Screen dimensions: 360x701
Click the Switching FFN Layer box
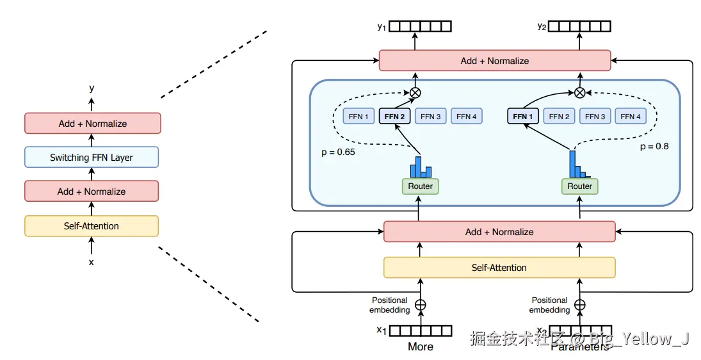92,158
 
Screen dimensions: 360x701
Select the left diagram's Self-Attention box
92,225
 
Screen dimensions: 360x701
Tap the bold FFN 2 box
394,117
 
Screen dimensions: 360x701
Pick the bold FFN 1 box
522,117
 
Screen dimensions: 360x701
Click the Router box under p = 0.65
421,186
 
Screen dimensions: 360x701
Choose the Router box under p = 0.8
580,186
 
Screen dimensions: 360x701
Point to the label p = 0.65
338,153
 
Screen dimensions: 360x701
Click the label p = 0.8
654,146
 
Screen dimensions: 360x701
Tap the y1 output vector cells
421,26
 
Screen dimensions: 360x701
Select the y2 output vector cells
580,26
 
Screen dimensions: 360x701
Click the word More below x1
421,347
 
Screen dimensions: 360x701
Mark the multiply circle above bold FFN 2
415,92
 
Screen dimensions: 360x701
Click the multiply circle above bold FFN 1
580,92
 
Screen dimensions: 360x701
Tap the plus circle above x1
421,305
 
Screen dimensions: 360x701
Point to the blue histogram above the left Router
421,167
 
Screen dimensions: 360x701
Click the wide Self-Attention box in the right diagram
499,268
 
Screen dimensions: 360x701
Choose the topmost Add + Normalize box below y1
495,61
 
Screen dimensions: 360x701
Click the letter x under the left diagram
91,262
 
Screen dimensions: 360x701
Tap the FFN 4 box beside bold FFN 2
466,117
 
